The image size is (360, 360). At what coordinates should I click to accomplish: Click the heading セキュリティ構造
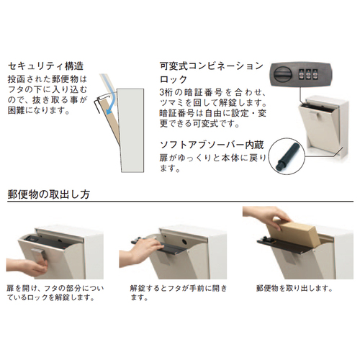tap(45, 66)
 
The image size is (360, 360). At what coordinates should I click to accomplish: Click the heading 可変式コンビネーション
tap(212, 66)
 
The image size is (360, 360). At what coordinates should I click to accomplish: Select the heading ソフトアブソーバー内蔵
tap(212, 145)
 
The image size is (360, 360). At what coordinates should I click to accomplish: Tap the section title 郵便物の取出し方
tap(49, 194)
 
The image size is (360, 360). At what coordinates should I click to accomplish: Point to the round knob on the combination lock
tap(284, 74)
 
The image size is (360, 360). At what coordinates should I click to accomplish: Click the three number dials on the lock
tap(305, 75)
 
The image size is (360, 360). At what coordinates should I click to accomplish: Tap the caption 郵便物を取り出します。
tap(294, 288)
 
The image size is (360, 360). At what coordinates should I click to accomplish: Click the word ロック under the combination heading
tap(174, 79)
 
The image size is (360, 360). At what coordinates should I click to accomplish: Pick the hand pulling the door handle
tap(27, 266)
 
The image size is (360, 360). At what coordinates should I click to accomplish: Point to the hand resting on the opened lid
tap(141, 251)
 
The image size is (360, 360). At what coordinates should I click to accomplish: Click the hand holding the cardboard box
tap(268, 215)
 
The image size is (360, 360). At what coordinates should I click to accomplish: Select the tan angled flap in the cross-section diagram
tap(111, 121)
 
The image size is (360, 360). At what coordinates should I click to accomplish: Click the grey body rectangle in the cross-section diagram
tap(132, 130)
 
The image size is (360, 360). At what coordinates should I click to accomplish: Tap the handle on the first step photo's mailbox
tap(39, 256)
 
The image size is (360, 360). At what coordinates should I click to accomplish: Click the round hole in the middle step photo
tap(185, 240)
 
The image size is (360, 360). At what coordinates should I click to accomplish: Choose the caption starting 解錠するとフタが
tap(179, 293)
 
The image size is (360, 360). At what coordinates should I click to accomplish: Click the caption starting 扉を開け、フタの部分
tap(55, 293)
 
